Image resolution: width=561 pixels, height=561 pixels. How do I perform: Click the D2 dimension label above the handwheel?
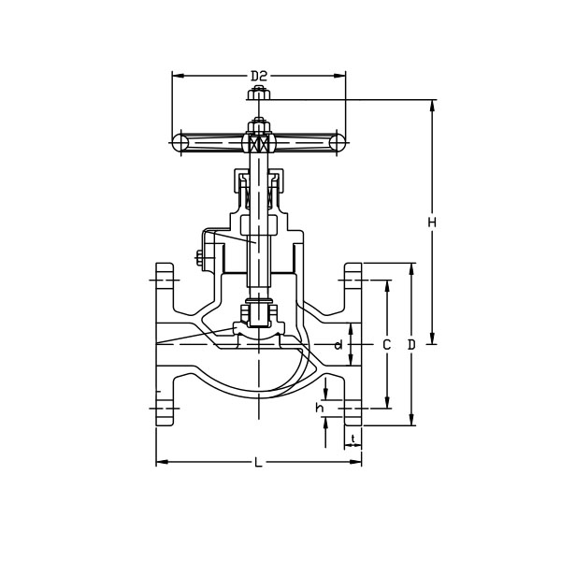[x=259, y=75]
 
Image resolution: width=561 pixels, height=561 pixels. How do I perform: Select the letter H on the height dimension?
[x=431, y=223]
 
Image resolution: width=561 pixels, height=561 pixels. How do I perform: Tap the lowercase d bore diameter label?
[x=338, y=346]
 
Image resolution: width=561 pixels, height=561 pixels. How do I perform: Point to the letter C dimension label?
[x=386, y=345]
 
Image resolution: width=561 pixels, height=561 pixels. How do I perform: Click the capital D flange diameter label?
[x=411, y=345]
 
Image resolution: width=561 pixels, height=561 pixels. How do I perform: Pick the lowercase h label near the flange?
[x=319, y=408]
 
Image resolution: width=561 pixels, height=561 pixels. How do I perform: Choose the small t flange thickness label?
[x=352, y=438]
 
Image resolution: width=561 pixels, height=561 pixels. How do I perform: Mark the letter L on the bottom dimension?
[x=258, y=462]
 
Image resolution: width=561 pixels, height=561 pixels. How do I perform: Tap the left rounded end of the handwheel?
[x=180, y=141]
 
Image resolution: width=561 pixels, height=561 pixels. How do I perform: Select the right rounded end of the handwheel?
[x=338, y=141]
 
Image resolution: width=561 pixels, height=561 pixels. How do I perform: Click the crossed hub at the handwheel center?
[x=257, y=143]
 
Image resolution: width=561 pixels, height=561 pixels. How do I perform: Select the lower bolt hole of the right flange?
[x=352, y=409]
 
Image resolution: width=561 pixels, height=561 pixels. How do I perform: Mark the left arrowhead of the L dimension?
[x=160, y=462]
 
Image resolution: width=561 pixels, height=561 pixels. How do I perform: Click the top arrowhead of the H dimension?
[x=431, y=103]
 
